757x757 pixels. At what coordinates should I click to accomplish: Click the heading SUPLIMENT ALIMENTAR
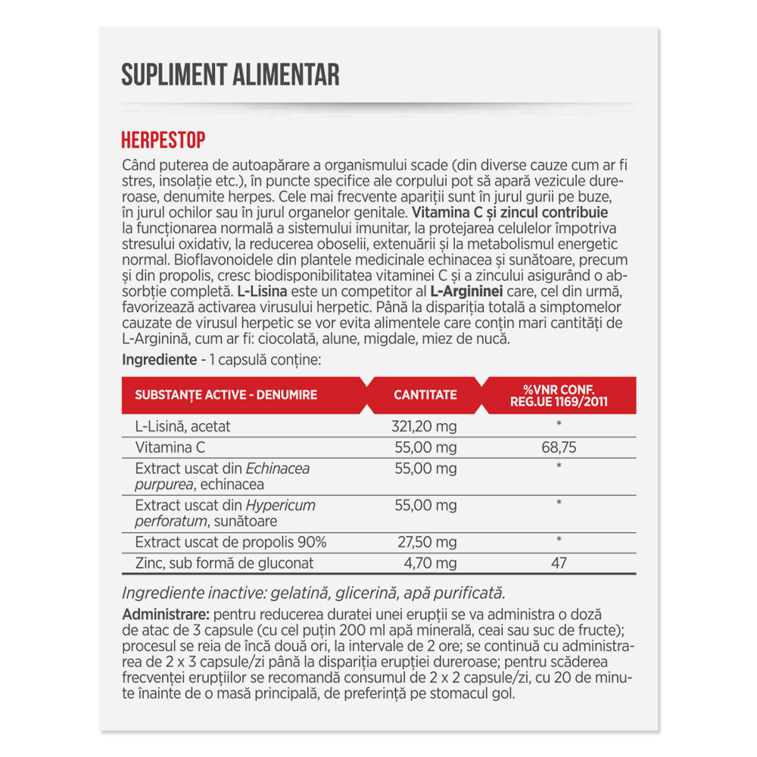pos(230,75)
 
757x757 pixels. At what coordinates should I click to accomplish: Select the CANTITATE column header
pos(425,394)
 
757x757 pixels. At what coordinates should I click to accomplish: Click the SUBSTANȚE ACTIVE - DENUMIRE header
pos(226,394)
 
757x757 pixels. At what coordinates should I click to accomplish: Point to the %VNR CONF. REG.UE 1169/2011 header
pos(559,395)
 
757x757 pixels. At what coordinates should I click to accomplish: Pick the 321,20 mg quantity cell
pos(424,426)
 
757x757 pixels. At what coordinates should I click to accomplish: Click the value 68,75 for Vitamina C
pos(559,447)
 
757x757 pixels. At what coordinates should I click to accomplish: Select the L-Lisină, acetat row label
pos(182,426)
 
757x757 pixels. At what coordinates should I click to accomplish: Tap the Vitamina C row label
pos(170,447)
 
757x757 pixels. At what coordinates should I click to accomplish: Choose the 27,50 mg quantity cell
pos(427,542)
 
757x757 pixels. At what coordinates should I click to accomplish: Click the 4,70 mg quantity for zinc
pos(430,563)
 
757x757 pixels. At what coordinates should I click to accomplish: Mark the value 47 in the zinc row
pos(559,563)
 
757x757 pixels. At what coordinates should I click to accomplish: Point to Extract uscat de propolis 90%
pos(230,542)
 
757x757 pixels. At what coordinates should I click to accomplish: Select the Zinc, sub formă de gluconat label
pos(224,563)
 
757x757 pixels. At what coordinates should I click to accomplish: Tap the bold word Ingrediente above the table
pos(154,360)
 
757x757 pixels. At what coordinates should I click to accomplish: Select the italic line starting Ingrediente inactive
pos(313,593)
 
